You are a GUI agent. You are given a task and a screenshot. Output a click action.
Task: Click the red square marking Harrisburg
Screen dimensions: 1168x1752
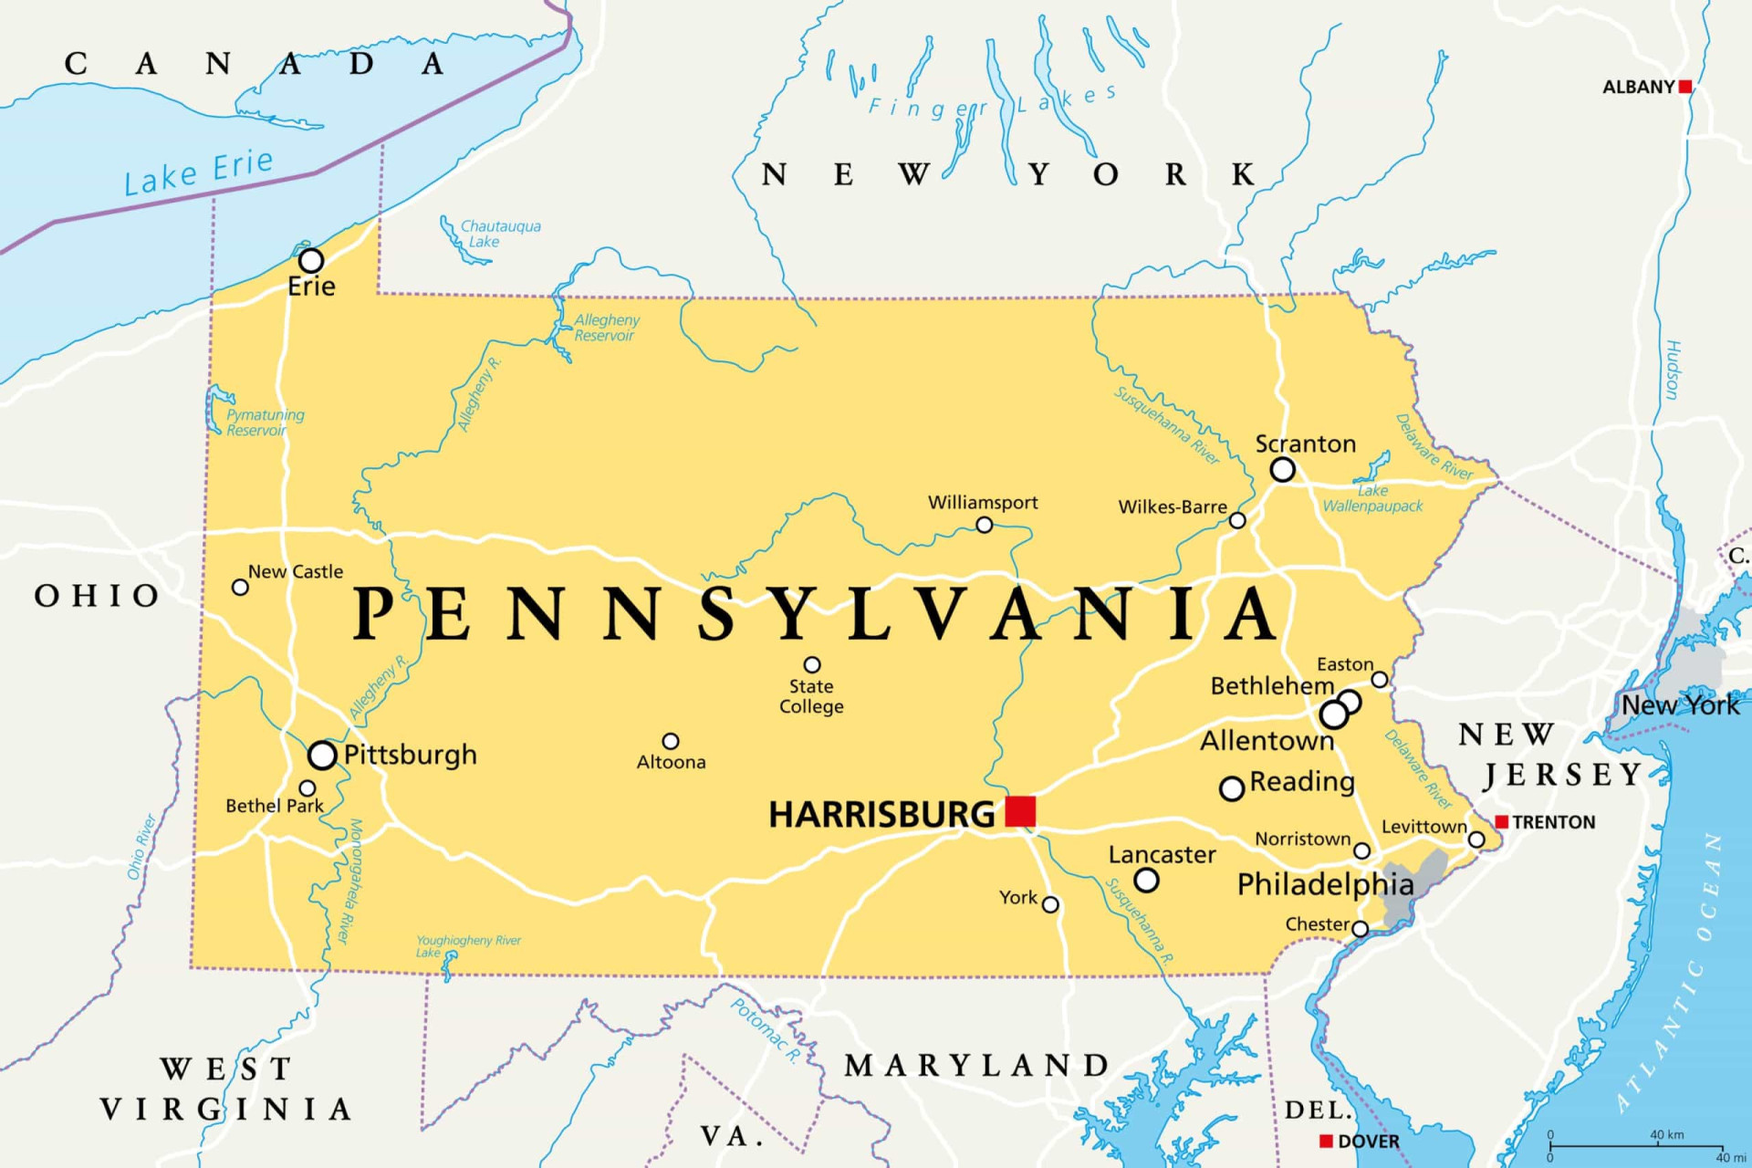pyautogui.click(x=1020, y=810)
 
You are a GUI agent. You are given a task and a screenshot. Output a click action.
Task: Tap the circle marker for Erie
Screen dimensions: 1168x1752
pyautogui.click(x=311, y=261)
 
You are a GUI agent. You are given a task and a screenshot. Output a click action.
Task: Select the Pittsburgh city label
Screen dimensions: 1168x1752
pyautogui.click(x=410, y=755)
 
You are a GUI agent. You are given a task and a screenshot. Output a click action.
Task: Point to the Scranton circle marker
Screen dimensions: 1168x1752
pyautogui.click(x=1282, y=470)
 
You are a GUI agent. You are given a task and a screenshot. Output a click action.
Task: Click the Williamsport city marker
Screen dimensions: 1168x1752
pyautogui.click(x=984, y=525)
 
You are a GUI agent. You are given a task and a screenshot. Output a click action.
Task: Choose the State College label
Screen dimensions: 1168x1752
pyautogui.click(x=811, y=696)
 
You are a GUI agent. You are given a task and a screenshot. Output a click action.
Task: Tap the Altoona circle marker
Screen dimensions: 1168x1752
pyautogui.click(x=671, y=741)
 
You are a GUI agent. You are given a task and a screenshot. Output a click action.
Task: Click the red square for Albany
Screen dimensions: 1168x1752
pyautogui.click(x=1685, y=87)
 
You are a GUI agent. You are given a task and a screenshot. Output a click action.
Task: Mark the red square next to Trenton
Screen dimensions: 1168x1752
pyautogui.click(x=1501, y=822)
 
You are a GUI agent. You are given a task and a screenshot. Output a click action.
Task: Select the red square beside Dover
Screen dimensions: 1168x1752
pyautogui.click(x=1327, y=1141)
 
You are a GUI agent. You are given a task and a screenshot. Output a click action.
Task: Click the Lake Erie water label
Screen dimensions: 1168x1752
pyautogui.click(x=199, y=172)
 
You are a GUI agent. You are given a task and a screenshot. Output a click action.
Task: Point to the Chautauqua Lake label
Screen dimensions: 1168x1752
pyautogui.click(x=499, y=234)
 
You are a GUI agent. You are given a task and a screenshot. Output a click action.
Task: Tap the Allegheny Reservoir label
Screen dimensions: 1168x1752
pyautogui.click(x=606, y=328)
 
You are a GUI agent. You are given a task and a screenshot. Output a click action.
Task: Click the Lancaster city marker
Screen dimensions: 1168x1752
pyautogui.click(x=1146, y=880)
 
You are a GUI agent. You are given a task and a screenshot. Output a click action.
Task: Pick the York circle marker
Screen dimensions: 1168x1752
pyautogui.click(x=1050, y=904)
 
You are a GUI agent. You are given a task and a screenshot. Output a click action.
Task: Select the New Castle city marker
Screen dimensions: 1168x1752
pyautogui.click(x=240, y=587)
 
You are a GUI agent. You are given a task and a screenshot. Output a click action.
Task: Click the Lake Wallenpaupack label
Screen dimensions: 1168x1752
pyautogui.click(x=1372, y=498)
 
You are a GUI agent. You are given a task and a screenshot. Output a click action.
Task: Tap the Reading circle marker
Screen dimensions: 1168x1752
pyautogui.click(x=1232, y=787)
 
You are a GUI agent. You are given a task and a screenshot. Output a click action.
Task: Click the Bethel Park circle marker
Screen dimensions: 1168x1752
pyautogui.click(x=308, y=788)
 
